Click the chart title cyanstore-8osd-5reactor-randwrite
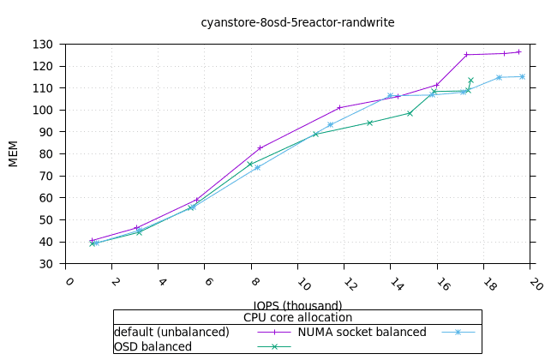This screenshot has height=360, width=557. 297,23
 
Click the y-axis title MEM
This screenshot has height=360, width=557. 14,153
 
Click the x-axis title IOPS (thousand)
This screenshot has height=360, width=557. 297,305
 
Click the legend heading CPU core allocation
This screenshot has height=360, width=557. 297,317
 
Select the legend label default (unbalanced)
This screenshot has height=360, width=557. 171,332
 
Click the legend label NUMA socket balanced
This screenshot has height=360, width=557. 362,332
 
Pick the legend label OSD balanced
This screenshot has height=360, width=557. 153,346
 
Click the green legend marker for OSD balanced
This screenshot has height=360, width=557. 275,347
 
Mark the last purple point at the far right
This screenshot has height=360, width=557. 518,52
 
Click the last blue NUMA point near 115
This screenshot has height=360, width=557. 522,77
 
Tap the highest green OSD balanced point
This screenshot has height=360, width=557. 470,81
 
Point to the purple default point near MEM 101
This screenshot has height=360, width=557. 340,107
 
